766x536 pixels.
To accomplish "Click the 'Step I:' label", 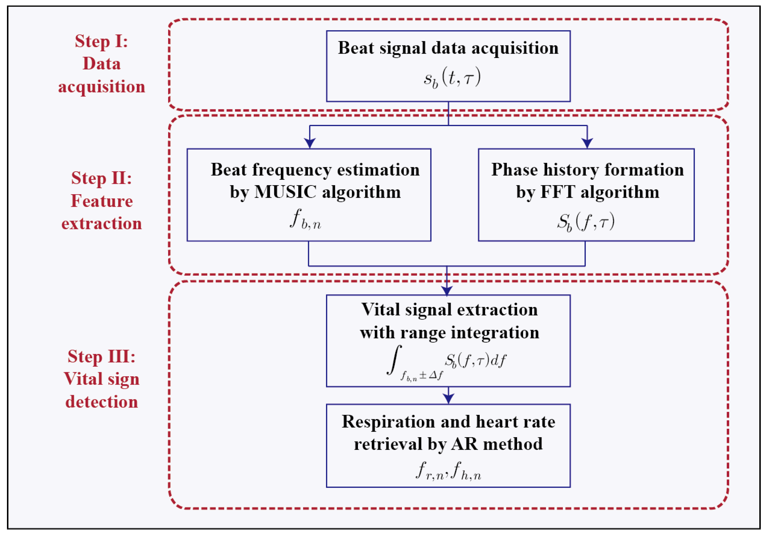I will tap(101, 41).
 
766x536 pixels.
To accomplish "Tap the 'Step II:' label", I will tap(101, 178).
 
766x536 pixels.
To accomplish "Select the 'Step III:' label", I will tap(101, 357).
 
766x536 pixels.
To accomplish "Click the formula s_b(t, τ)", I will tap(452, 78).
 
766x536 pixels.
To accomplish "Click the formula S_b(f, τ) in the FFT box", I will tap(585, 221).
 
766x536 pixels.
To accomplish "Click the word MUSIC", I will tap(285, 192).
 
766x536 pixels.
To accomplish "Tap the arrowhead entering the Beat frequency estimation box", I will tap(310, 143).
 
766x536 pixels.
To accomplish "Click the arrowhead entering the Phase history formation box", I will tap(587, 143).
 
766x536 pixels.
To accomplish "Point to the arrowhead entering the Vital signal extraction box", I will tap(447, 290).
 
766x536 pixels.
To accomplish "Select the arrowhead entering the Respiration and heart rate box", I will tap(448, 399).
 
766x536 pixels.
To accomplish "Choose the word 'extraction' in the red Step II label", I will tap(101, 224).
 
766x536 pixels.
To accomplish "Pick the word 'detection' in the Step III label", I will tap(101, 401).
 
